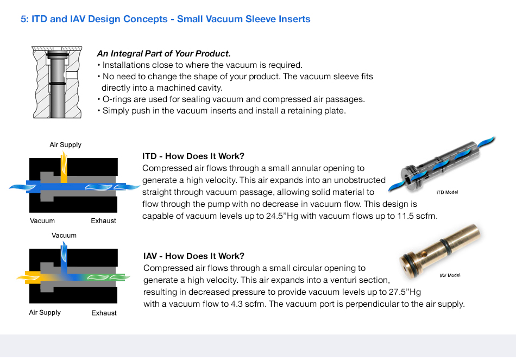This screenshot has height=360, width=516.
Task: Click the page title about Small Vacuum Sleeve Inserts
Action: tap(166, 19)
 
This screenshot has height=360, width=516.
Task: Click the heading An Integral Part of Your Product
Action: tap(163, 54)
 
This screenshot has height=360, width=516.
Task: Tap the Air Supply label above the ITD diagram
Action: tap(65, 145)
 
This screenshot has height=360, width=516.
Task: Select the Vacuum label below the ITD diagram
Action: tap(42, 221)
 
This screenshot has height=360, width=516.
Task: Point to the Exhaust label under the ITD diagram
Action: tap(103, 221)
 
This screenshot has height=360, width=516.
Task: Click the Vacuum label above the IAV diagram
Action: tap(64, 236)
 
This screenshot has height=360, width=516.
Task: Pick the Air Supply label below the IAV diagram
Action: tap(45, 313)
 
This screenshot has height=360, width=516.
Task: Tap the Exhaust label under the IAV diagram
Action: tap(104, 313)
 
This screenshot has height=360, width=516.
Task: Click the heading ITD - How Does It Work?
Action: tap(193, 156)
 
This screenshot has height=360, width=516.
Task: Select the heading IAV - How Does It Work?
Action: tap(194, 256)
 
